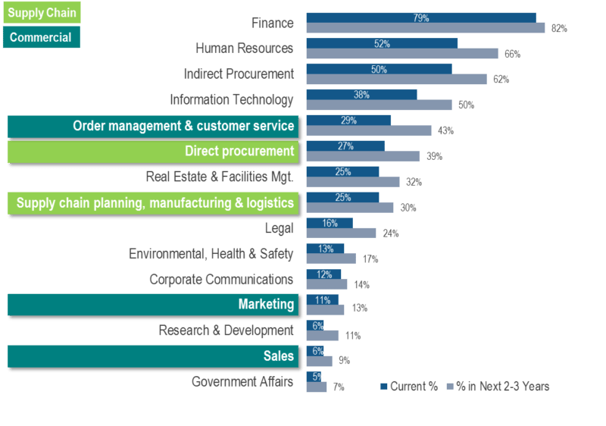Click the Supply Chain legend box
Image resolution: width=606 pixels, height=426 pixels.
tap(42, 12)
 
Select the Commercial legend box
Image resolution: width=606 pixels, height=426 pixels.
tap(42, 37)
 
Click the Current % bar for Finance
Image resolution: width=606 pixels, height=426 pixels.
tap(420, 17)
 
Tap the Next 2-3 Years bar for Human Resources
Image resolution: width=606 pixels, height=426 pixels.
tap(401, 54)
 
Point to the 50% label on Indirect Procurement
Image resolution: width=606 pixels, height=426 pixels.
tap(379, 69)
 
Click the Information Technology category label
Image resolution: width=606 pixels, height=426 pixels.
tap(231, 99)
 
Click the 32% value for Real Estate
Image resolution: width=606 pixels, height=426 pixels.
tap(414, 182)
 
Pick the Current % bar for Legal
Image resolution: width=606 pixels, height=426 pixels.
tap(329, 223)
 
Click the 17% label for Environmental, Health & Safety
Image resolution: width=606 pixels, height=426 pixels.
tap(370, 259)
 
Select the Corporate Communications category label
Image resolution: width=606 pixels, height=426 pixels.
tap(220, 280)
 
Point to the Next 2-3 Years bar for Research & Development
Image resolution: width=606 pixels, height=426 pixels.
tap(322, 335)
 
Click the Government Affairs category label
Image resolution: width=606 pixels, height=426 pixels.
tap(242, 381)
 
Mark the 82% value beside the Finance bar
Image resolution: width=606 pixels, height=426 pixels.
tap(559, 29)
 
